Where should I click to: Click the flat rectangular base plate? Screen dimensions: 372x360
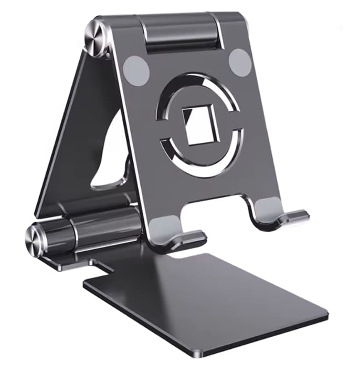210,294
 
